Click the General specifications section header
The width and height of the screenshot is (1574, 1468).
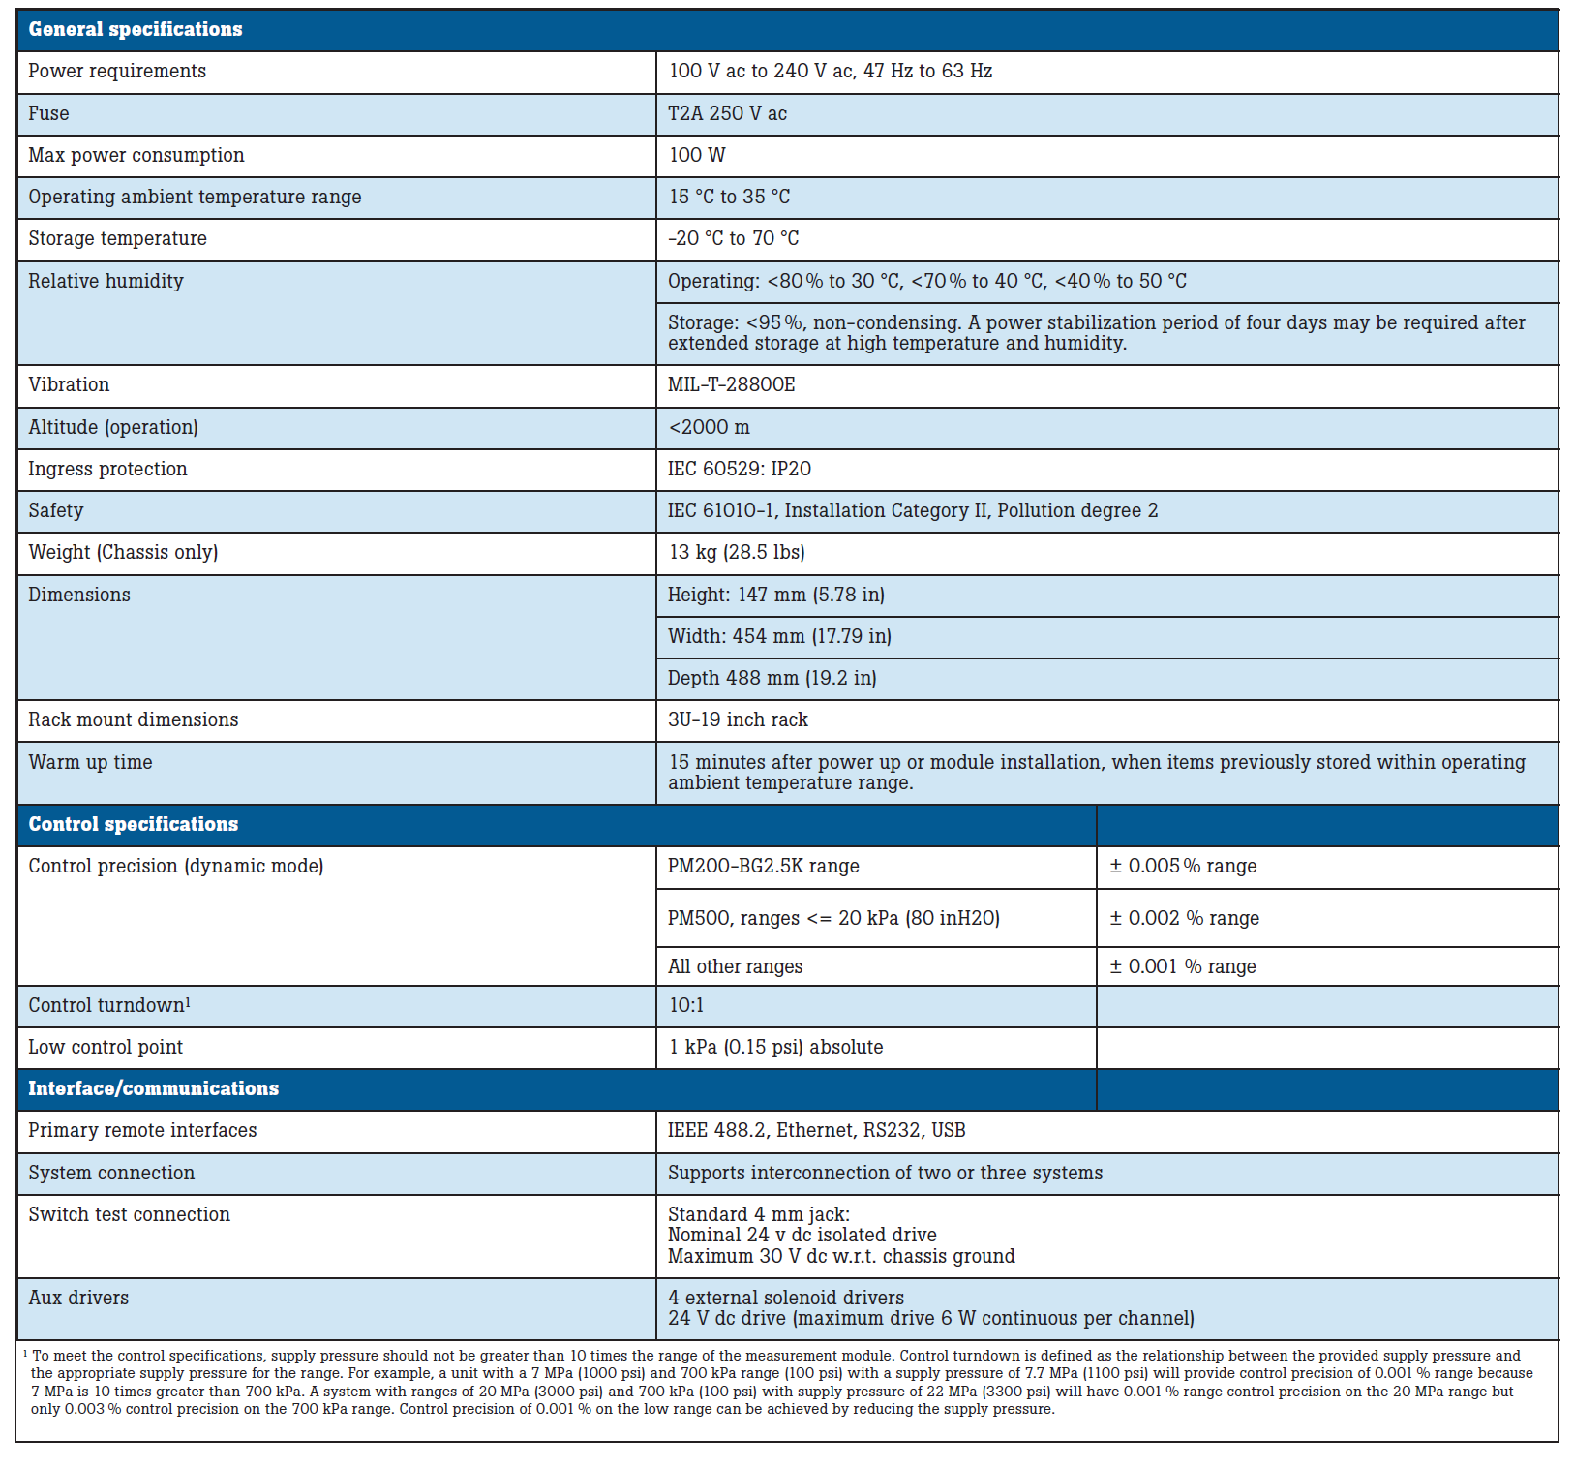point(136,30)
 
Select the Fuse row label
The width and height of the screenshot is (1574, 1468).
point(48,113)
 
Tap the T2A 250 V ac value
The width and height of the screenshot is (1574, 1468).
point(727,113)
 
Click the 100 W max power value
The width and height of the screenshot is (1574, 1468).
point(697,155)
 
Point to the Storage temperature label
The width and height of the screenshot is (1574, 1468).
point(117,238)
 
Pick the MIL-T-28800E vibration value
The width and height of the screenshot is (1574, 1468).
point(731,384)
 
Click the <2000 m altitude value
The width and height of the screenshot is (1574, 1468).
point(709,427)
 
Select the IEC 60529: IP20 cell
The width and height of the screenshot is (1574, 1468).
point(739,469)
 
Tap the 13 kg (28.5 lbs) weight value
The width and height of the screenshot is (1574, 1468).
point(737,552)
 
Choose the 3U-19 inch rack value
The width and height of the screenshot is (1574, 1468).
point(738,719)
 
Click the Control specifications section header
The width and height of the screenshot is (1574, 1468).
point(134,824)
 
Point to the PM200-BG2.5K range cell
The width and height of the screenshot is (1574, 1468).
point(763,866)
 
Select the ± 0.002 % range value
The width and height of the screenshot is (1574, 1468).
point(1184,918)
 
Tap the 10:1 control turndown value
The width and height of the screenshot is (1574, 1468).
point(686,1005)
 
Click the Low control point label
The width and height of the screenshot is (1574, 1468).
point(106,1047)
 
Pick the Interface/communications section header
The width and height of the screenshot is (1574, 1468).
point(153,1088)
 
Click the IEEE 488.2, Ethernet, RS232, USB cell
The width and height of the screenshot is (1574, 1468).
point(816,1130)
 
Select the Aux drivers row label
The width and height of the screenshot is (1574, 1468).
point(78,1298)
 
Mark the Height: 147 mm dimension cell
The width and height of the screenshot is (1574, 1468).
point(775,595)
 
